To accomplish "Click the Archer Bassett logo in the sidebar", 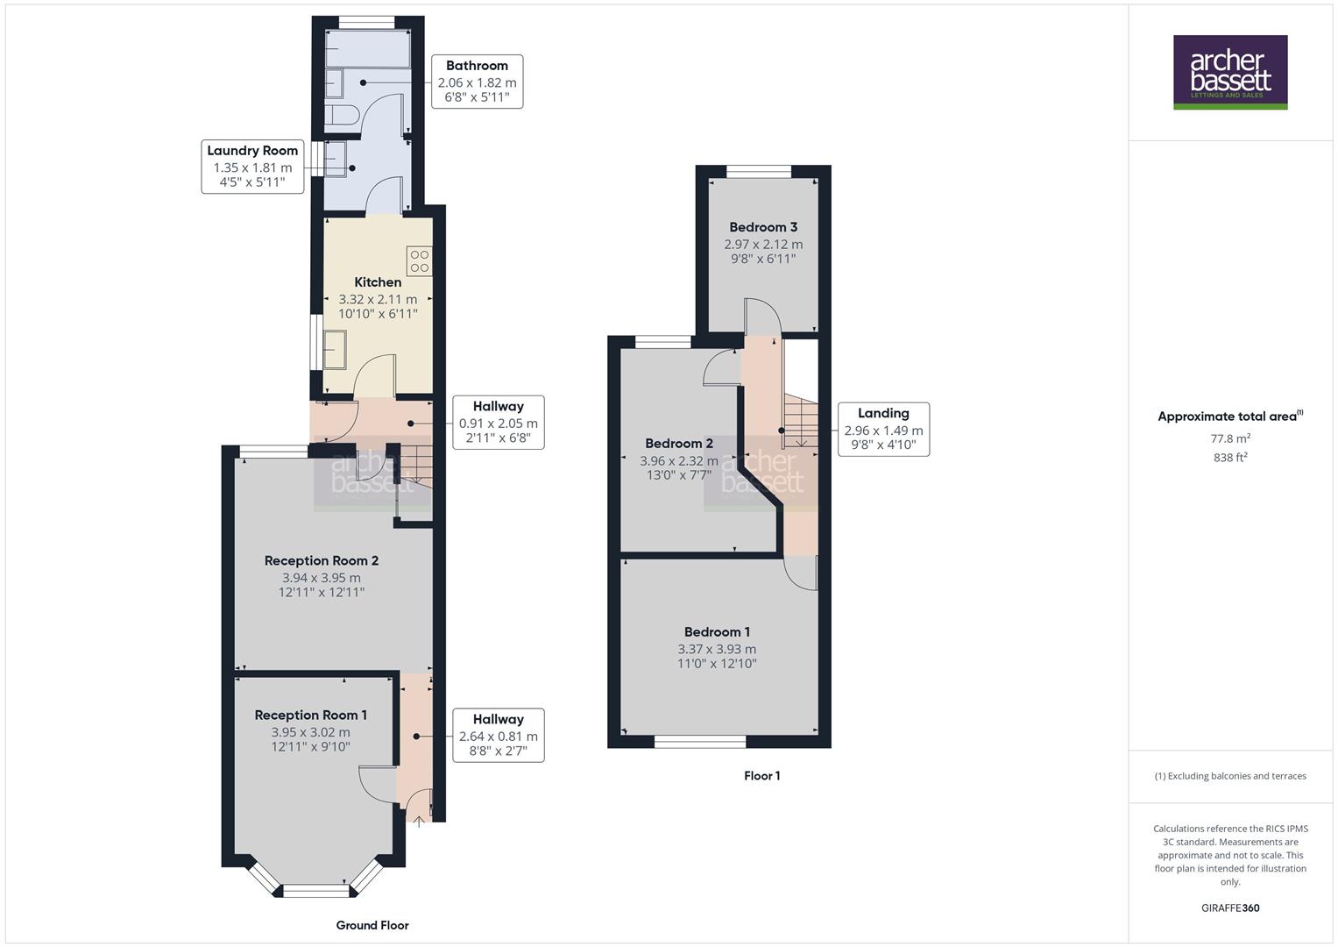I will tap(1229, 72).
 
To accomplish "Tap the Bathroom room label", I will tap(477, 66).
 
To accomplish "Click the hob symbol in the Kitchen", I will tap(419, 261).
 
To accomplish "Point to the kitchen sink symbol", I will tap(336, 350).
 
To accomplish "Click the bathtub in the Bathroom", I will tap(368, 50).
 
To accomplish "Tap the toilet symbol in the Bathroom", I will tap(340, 115).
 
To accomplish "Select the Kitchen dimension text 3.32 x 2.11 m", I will tap(378, 299).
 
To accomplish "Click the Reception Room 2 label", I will tap(322, 561).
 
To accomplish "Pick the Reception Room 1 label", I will tap(311, 716).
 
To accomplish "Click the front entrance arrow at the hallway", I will tap(419, 822).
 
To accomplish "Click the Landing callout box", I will tap(883, 430).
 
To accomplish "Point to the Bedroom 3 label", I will tap(763, 227).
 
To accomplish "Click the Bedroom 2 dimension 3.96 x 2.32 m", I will tap(679, 461).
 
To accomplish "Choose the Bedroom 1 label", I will tap(717, 632).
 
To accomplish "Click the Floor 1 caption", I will tap(761, 776).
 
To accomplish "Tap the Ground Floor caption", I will tap(372, 925).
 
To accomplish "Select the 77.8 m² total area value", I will tap(1229, 439).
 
